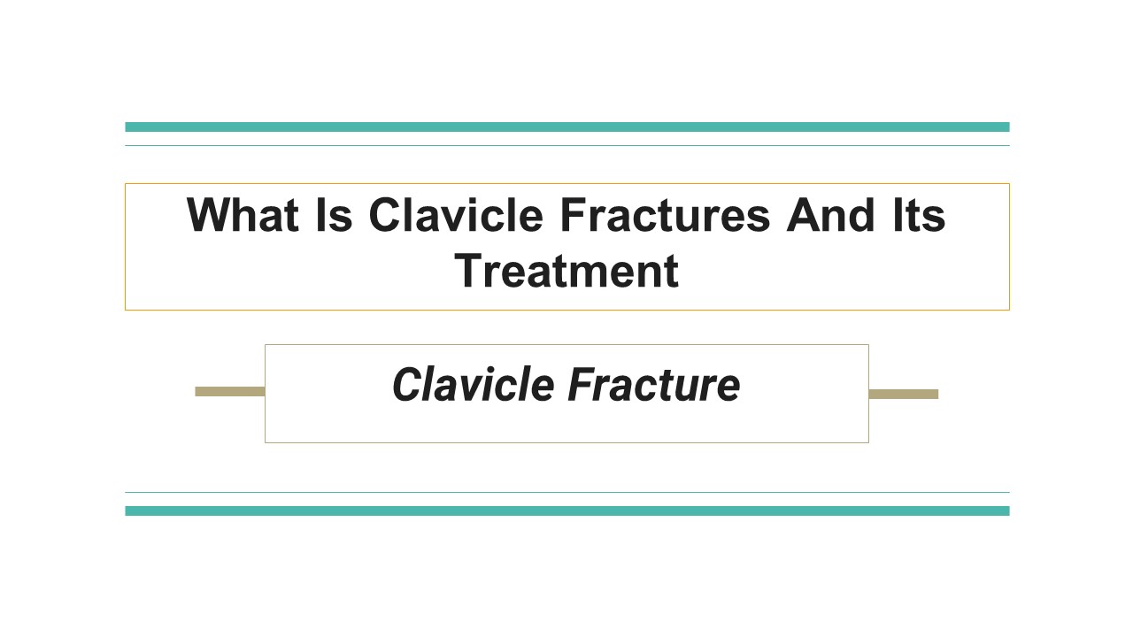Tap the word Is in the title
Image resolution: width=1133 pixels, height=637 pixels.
(332, 215)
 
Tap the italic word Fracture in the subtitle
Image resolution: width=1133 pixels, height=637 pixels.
(653, 385)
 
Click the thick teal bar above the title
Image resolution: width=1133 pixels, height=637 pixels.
(566, 127)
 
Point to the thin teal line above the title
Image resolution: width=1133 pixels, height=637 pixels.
(566, 145)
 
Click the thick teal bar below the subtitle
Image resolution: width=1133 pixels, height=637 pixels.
(566, 510)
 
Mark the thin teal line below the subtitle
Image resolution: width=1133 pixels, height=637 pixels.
(566, 492)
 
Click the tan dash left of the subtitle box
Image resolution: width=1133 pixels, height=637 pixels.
(229, 391)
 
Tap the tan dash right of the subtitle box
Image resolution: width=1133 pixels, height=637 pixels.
(903, 394)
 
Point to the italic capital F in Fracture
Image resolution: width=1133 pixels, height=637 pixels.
(581, 385)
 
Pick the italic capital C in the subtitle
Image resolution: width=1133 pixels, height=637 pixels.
(406, 385)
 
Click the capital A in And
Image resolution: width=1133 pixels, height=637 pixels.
(803, 215)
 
